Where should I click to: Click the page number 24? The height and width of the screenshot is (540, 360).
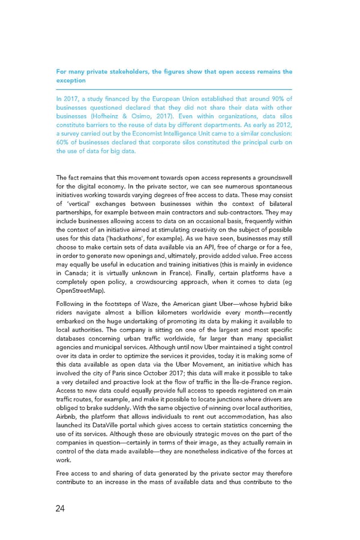[61, 509]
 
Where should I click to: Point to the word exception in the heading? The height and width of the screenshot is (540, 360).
[71, 80]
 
